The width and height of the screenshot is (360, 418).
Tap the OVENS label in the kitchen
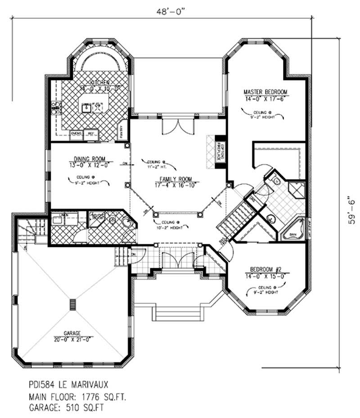[76, 134]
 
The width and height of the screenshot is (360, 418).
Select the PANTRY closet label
[121, 132]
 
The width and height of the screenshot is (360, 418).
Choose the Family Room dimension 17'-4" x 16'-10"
[170, 185]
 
